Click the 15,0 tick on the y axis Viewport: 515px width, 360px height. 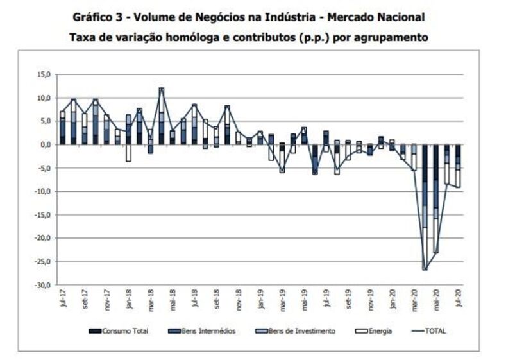coord(42,74)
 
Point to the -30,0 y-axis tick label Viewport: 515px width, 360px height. coord(41,285)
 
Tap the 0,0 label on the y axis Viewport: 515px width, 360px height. coord(44,144)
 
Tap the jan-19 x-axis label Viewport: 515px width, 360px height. coord(261,301)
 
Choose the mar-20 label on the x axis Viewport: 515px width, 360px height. coord(414,302)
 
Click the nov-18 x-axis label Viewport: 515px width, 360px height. coord(239,302)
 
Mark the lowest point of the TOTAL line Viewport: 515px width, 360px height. coord(425,269)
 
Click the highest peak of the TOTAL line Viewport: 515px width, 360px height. coord(162,88)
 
